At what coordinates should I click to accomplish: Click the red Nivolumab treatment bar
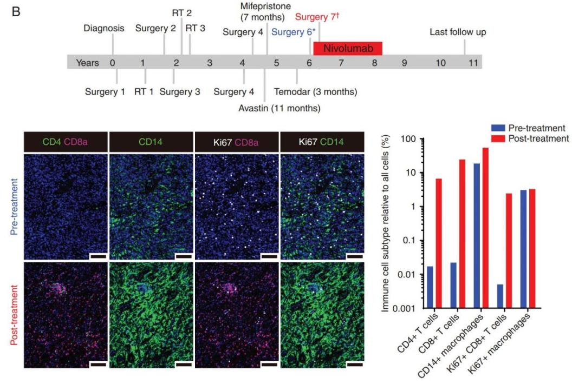348,48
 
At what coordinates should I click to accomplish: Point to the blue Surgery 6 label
292,32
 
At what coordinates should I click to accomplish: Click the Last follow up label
458,32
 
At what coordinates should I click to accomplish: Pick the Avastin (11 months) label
279,108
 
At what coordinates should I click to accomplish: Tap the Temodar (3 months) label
316,92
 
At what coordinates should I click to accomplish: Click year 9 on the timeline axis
404,63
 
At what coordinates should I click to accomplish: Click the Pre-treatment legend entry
536,128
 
